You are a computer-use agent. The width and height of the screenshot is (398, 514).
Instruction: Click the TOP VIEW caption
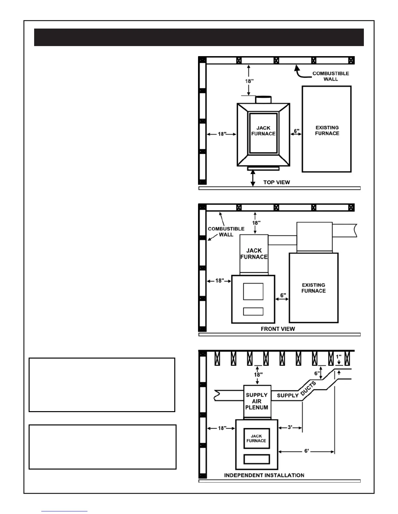pyautogui.click(x=276, y=182)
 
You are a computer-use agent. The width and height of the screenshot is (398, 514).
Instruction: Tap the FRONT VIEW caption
pyautogui.click(x=278, y=329)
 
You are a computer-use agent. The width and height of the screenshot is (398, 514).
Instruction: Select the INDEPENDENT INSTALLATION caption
pyautogui.click(x=264, y=475)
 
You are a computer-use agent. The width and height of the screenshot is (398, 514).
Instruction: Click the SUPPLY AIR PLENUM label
pyautogui.click(x=257, y=401)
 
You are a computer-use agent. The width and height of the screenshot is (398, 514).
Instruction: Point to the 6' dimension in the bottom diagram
pyautogui.click(x=307, y=451)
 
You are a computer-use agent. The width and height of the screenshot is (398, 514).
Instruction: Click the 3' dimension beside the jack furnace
pyautogui.click(x=290, y=427)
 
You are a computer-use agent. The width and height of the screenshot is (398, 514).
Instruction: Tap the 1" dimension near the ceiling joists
pyautogui.click(x=338, y=357)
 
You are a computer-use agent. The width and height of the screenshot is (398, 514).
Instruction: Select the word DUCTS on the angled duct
pyautogui.click(x=308, y=389)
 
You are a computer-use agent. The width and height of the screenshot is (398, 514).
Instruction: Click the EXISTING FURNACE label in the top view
pyautogui.click(x=327, y=130)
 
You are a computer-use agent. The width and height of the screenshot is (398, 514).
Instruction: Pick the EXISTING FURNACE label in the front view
pyautogui.click(x=313, y=288)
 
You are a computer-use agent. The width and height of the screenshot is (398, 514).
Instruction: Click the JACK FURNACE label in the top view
pyautogui.click(x=263, y=131)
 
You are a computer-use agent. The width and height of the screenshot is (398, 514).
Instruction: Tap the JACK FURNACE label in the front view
pyautogui.click(x=254, y=253)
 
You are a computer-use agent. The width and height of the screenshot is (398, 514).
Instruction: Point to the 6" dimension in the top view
pyautogui.click(x=297, y=131)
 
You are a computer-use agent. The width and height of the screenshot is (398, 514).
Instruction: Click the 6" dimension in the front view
pyautogui.click(x=283, y=295)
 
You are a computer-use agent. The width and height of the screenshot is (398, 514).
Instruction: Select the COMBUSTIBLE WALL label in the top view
pyautogui.click(x=331, y=76)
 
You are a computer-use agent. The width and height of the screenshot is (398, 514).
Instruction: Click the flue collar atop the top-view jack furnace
pyautogui.click(x=263, y=100)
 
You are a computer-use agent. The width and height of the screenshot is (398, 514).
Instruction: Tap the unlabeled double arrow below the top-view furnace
pyautogui.click(x=253, y=178)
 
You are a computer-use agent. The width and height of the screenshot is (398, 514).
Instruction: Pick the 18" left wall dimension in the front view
pyautogui.click(x=219, y=281)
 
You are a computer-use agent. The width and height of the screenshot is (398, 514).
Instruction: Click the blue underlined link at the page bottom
pyautogui.click(x=64, y=511)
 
